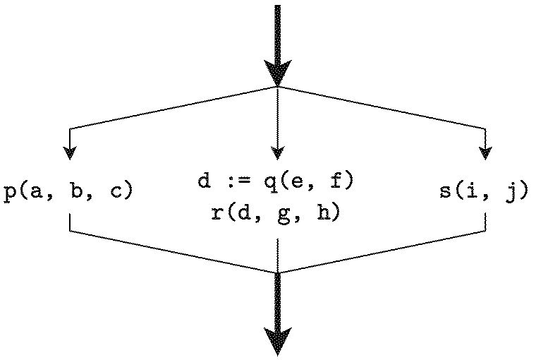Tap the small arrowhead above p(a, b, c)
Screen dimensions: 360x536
[x=69, y=152]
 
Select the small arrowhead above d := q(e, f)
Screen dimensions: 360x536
[x=278, y=152]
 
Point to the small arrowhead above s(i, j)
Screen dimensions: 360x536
[x=485, y=152]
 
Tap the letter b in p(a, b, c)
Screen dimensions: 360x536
[x=78, y=191]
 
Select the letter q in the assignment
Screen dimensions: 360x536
[x=271, y=184]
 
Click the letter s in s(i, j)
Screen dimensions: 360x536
[x=446, y=192]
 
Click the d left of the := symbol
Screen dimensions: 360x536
[x=203, y=181]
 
